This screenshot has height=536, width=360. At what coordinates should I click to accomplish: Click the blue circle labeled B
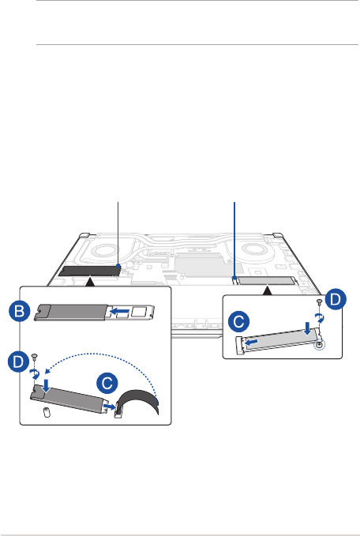(x=20, y=311)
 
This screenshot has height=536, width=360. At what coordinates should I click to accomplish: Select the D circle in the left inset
(x=18, y=362)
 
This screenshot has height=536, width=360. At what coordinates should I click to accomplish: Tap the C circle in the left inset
(x=107, y=383)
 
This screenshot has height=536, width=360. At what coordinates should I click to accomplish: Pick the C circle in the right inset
(x=238, y=321)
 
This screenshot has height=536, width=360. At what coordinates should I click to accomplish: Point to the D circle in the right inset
(x=336, y=299)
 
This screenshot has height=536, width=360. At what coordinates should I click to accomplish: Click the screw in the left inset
(x=34, y=357)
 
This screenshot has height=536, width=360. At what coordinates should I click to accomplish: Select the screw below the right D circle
(x=320, y=302)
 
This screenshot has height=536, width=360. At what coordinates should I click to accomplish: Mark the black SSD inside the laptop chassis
(x=89, y=271)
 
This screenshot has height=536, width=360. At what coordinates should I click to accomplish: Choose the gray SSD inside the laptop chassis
(x=265, y=281)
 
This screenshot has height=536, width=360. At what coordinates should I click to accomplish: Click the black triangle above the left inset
(x=89, y=282)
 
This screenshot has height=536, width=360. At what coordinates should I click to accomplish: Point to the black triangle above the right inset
(x=268, y=290)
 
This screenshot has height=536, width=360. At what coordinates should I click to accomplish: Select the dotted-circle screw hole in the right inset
(x=319, y=345)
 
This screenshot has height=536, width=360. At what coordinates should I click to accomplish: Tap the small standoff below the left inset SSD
(x=47, y=413)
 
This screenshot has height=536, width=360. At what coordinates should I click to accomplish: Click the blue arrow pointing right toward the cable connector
(x=110, y=406)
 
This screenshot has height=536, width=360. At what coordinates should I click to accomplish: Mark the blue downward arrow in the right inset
(x=308, y=328)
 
